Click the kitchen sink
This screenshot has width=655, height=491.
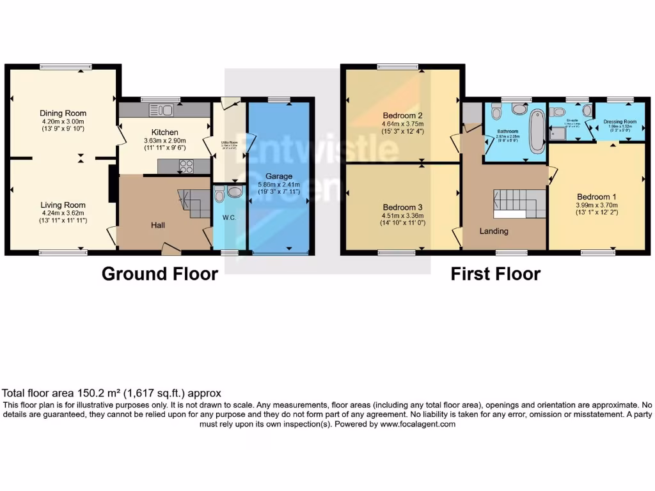point(161,110)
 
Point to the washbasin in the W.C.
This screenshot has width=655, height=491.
point(235,191)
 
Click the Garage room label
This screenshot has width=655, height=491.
point(280,176)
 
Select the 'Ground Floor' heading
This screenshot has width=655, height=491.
point(160,274)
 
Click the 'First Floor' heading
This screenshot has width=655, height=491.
point(496,274)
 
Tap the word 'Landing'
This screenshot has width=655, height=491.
point(494,231)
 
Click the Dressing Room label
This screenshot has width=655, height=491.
point(620,121)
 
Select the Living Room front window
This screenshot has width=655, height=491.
point(63,253)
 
